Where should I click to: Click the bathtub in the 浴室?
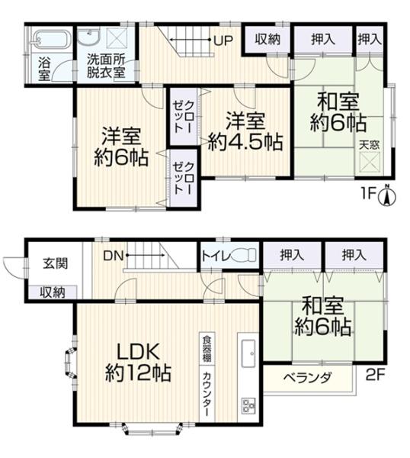pos(52,40)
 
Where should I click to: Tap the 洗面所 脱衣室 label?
pos(106,66)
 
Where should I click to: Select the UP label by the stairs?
pos(223,40)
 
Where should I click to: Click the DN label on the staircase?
pos(114,256)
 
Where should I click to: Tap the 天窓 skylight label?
pos(369,145)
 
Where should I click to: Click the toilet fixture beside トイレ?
pos(244,255)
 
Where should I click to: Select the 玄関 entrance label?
pos(55,263)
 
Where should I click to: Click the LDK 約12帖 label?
pos(138,362)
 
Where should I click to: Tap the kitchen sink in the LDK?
pos(248,354)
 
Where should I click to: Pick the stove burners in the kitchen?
pos(248,406)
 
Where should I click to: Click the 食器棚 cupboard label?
pos(207,349)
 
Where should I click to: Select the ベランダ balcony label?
pos(308,378)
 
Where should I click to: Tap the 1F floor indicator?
pos(368,193)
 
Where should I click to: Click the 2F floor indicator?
pos(375,375)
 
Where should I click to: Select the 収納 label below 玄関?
pos(53,292)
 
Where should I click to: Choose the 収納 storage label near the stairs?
pos(267,40)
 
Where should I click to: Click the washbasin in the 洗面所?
pos(89,36)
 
